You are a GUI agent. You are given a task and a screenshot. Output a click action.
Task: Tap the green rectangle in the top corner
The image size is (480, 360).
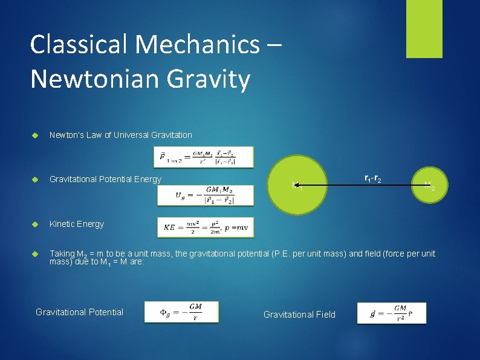click(x=424, y=28)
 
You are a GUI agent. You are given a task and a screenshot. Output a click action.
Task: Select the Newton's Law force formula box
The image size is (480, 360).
click(x=197, y=157)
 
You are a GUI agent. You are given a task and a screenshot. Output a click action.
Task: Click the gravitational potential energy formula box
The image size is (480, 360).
click(x=197, y=194)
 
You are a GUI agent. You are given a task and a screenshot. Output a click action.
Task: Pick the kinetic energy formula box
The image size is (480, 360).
click(x=206, y=227)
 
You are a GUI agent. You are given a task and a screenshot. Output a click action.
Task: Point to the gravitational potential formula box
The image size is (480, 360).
click(x=181, y=312)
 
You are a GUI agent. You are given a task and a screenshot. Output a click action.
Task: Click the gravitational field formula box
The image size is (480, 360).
click(x=391, y=313)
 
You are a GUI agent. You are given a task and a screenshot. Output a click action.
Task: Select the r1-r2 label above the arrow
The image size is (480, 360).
click(x=372, y=178)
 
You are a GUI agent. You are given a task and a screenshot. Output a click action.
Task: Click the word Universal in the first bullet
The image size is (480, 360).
click(x=122, y=135)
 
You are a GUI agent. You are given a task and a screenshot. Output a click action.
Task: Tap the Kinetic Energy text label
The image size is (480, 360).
click(x=77, y=224)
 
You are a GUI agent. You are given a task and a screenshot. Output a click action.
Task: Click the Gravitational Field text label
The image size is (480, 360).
click(x=299, y=314)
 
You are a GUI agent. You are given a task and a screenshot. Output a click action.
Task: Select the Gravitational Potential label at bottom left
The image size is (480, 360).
click(x=79, y=312)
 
